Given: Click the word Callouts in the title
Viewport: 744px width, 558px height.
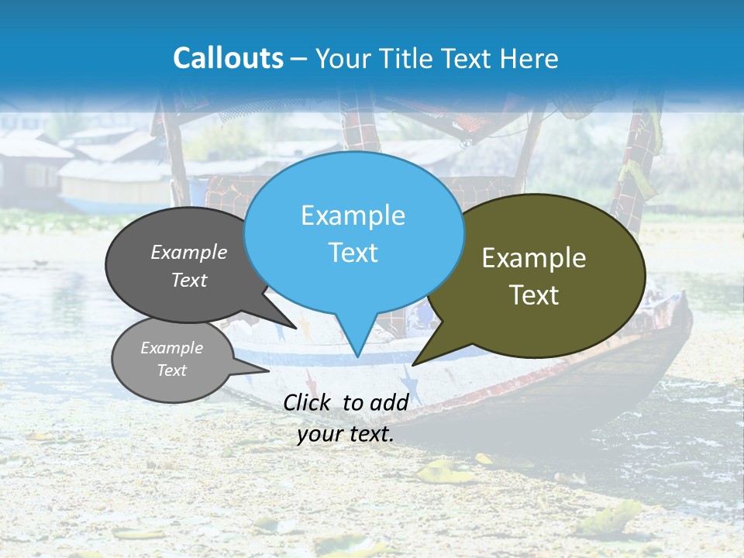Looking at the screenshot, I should (x=228, y=58).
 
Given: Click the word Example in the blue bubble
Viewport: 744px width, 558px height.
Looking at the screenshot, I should (x=353, y=215).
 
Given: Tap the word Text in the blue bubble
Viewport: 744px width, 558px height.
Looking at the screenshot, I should (x=353, y=253).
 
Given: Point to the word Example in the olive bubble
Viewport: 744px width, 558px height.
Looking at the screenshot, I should (x=534, y=258).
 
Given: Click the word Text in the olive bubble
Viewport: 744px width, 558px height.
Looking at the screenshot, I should (x=534, y=295).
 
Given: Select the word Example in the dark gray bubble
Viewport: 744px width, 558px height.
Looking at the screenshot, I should (x=189, y=252).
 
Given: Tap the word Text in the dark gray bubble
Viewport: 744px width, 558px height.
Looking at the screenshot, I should (x=189, y=280).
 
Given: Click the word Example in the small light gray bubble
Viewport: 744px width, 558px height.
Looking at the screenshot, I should (x=171, y=348).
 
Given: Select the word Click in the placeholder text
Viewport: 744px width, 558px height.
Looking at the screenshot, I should (x=308, y=402).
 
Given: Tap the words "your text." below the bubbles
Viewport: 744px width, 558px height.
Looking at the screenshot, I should (x=346, y=435).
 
